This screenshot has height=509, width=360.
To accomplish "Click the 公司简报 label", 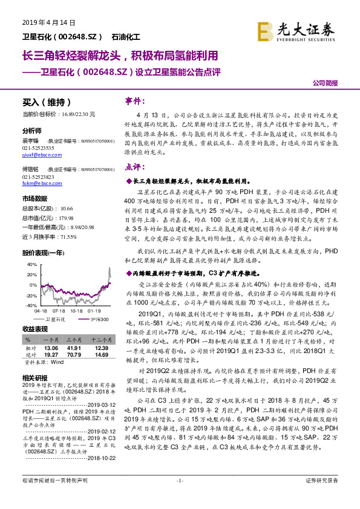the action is click(326, 84).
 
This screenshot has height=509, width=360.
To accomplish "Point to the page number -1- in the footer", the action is click(180, 497).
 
